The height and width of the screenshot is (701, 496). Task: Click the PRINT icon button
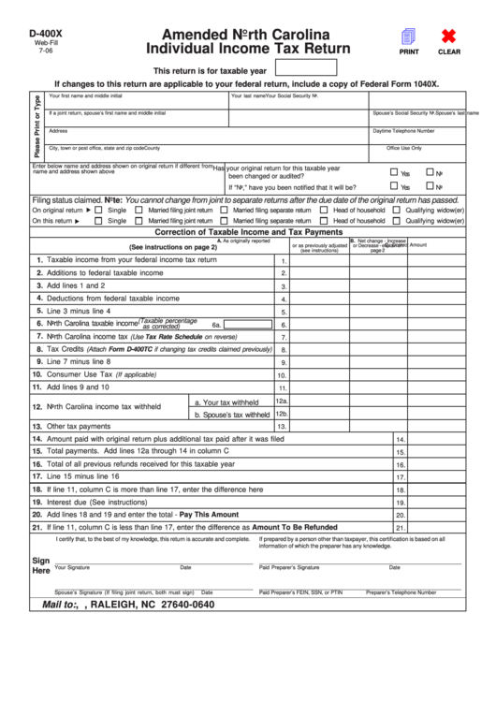point(409,37)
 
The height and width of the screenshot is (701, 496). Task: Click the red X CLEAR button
point(448,37)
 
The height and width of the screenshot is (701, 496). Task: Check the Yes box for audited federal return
point(394,172)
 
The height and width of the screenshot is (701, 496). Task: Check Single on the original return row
point(100,210)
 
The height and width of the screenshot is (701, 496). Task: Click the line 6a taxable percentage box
point(248,325)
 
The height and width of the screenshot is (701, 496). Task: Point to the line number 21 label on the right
point(400,527)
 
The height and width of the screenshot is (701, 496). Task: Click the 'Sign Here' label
point(41,565)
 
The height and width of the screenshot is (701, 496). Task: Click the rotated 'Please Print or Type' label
point(36,125)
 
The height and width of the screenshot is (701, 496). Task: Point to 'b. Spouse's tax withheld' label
point(232,414)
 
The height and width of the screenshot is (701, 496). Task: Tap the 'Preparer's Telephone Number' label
point(401,592)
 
